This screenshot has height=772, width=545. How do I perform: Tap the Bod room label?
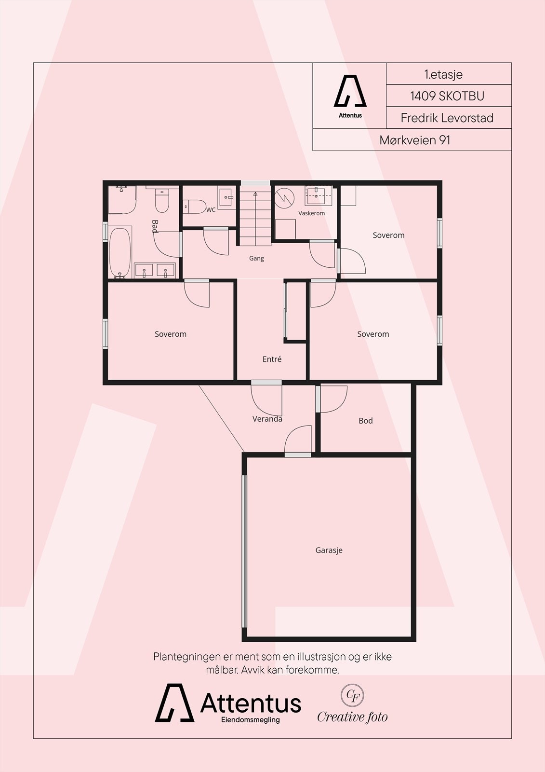point(366,420)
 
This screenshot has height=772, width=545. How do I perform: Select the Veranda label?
point(267,419)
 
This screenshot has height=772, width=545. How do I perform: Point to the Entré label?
point(272,359)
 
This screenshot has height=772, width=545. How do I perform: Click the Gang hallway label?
point(256,258)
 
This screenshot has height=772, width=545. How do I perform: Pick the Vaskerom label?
point(312,213)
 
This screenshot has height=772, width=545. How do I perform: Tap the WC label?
point(211,210)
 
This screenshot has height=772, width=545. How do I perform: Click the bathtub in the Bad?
point(120,253)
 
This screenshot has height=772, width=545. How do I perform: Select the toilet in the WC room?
point(194,207)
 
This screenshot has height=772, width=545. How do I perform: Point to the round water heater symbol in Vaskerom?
point(284,198)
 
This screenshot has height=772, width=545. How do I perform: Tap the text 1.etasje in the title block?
point(443,74)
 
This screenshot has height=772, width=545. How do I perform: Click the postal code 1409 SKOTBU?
point(447,96)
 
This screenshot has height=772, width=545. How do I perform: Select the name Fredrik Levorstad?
point(447,118)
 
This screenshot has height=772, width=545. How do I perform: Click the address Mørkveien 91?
point(415,140)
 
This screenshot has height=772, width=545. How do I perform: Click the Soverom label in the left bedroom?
point(171,334)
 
